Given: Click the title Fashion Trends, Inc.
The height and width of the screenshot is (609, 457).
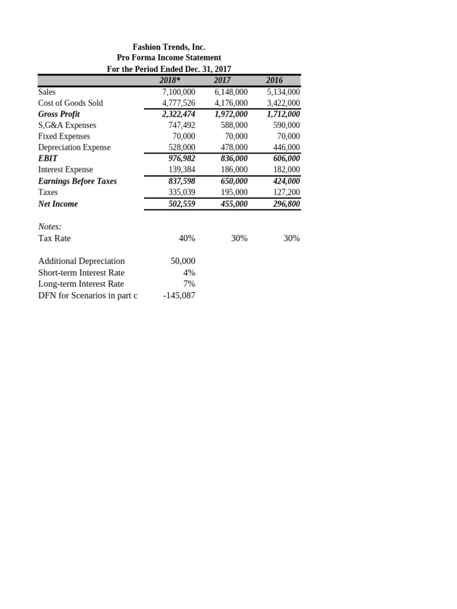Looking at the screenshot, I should coord(168,46).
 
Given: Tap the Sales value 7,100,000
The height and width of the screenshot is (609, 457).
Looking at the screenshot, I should coord(179,92).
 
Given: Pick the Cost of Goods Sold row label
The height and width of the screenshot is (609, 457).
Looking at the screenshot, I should coord(70,103).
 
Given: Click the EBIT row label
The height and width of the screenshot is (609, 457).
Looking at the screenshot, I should coord(48,159).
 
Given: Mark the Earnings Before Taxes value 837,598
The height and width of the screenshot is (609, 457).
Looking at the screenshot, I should coord(179,181).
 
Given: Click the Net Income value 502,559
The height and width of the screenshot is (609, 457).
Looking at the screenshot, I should coord(179,203).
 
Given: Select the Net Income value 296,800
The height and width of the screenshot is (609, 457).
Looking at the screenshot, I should coord(283,203).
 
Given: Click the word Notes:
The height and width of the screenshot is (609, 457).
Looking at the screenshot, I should coord(49,227).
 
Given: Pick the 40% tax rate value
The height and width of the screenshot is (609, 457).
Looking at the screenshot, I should coord(186,238).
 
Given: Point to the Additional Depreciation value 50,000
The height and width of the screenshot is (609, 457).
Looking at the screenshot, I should coord(183,261).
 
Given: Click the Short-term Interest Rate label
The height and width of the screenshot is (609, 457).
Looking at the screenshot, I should coord(81,272).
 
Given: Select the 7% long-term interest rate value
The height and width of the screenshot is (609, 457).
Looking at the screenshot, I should coord(189,284).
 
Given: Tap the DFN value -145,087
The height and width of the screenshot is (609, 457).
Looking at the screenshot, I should coord(179,295).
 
